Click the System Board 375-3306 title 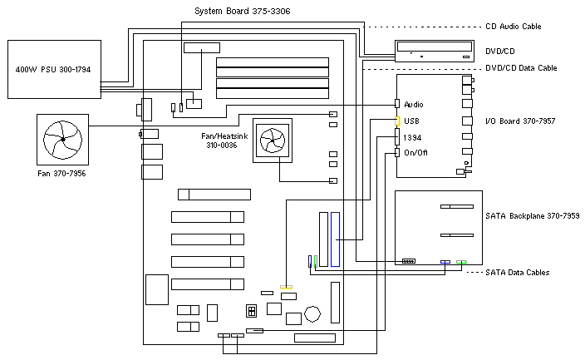click(x=237, y=11)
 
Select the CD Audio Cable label click(x=513, y=27)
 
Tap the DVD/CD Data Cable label click(x=520, y=67)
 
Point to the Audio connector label click(x=414, y=105)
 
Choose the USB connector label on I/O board click(x=410, y=121)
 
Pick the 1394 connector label click(x=411, y=137)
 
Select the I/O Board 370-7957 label click(x=520, y=121)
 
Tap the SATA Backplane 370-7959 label click(x=532, y=216)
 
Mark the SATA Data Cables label click(x=517, y=272)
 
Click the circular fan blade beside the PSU click(x=62, y=137)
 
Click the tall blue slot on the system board click(x=336, y=239)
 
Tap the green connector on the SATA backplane click(x=461, y=263)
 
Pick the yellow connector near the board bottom click(x=287, y=287)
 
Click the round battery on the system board click(x=312, y=313)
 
